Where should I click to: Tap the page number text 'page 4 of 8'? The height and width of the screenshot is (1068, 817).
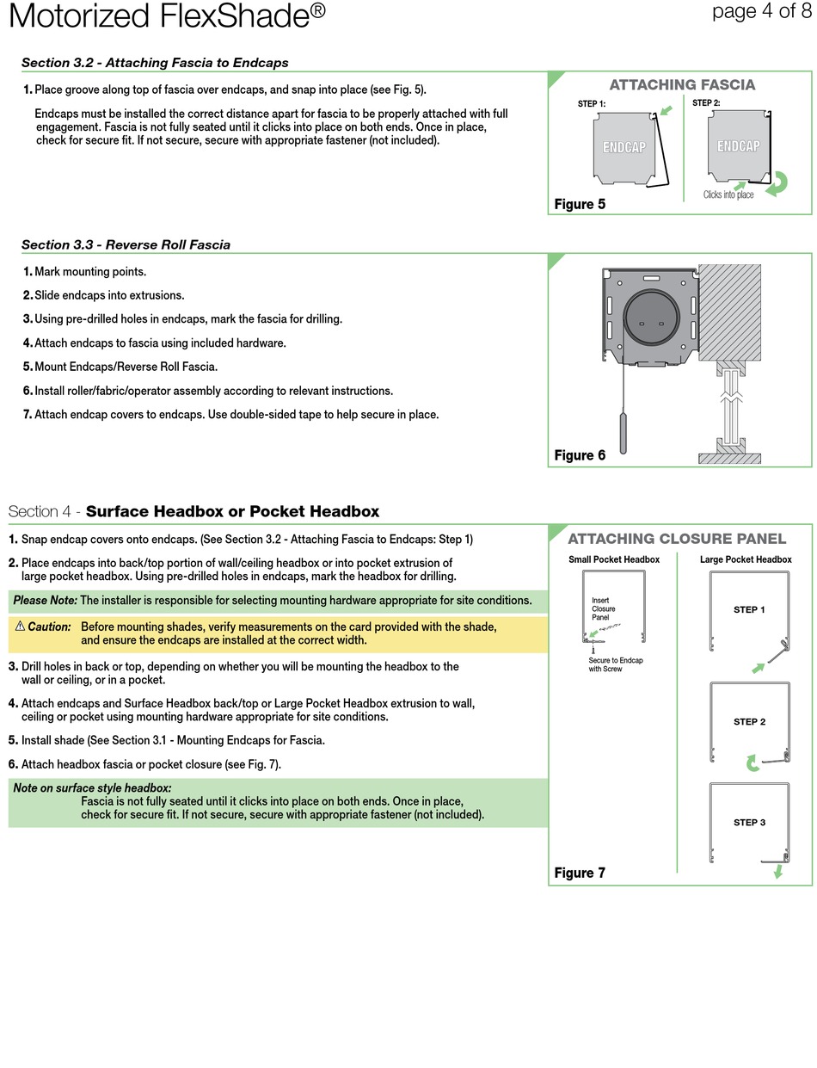pos(760,11)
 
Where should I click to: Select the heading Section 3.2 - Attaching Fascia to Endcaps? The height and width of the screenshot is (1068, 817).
pos(155,63)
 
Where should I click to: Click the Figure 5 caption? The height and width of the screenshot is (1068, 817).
pos(580,204)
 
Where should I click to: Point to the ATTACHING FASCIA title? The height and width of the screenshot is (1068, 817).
pos(682,84)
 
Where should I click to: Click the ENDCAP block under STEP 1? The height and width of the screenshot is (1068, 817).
pos(623,147)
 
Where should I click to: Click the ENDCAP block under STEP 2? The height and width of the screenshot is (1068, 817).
pos(738,145)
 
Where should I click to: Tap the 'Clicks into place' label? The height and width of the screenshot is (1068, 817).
pos(728,194)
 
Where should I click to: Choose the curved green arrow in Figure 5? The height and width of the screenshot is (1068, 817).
pos(777,183)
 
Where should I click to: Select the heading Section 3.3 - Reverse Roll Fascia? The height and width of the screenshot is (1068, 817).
pos(126,244)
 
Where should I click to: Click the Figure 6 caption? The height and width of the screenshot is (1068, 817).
pos(580,455)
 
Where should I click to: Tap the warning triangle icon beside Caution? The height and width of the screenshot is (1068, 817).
pos(20,627)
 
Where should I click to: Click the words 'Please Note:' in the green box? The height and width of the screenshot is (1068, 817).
pos(45,600)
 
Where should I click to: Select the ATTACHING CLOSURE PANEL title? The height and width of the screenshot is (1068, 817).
pos(677,539)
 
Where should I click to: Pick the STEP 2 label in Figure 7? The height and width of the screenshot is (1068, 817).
pos(749,722)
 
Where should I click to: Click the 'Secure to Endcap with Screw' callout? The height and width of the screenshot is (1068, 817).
pos(615,664)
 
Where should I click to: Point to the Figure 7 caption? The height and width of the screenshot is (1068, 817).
pos(580,873)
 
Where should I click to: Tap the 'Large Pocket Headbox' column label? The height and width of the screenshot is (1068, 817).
pos(746,559)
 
